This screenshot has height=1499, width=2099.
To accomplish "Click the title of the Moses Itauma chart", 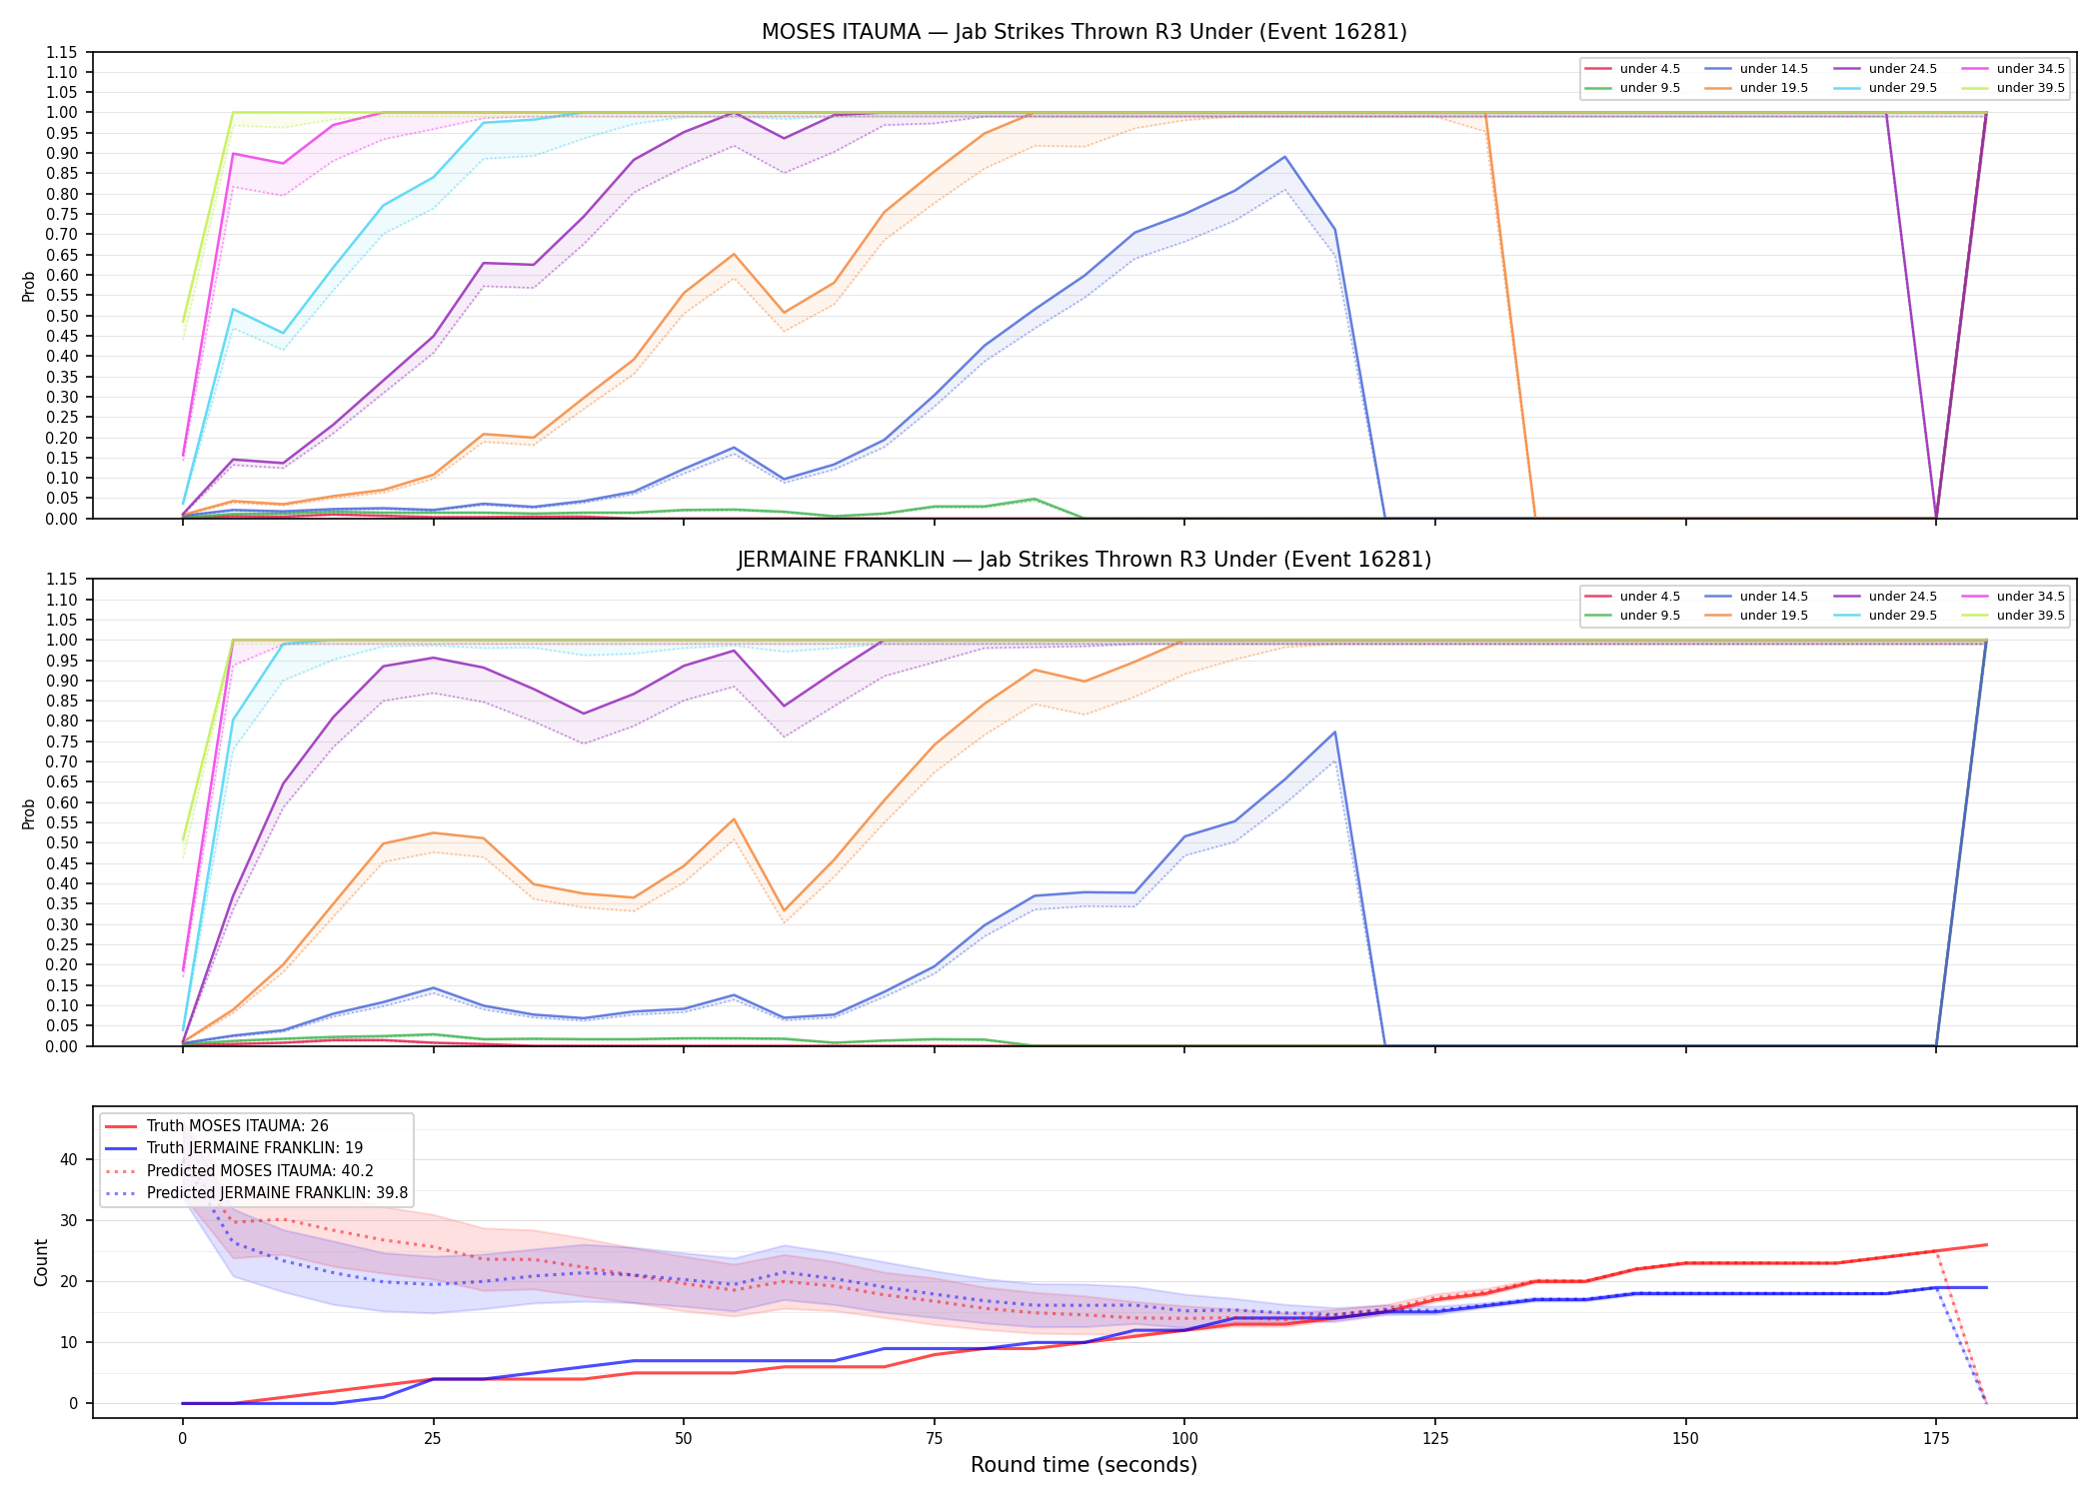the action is pos(1083,32).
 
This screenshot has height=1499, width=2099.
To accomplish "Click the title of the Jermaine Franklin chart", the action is pos(1083,560).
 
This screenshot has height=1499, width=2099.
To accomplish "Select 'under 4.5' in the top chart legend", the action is pos(1649,69).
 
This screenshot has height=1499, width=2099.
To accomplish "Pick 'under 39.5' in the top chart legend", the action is pos(2030,88).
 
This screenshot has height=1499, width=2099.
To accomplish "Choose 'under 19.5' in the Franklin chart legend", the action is pos(1773,616).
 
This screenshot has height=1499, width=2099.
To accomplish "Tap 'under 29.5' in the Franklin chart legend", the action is pos(1902,616).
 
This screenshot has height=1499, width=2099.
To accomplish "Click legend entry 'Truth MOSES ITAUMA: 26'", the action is pos(238,1126).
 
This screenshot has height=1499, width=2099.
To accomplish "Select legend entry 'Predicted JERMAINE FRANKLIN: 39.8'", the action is pos(277,1193).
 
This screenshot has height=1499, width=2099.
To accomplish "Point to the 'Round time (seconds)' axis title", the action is pos(1083,1465).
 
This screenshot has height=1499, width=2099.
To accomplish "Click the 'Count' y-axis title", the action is pos(41,1262).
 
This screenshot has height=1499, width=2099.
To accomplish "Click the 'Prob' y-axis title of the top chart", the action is pos(29,286).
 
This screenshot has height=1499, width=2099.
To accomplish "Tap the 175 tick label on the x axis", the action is pos(1936,1439).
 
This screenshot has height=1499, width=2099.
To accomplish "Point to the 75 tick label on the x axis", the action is pos(934,1439).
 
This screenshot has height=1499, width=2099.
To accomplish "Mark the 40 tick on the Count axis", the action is pos(68,1159).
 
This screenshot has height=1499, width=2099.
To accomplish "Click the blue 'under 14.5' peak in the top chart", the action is pos(1284,157).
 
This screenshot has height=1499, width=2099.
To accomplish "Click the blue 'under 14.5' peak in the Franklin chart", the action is pos(1334,733).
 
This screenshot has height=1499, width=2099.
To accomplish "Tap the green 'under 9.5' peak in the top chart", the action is pos(1034,499).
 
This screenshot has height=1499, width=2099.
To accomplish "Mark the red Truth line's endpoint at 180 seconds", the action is pos(1986,1245).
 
